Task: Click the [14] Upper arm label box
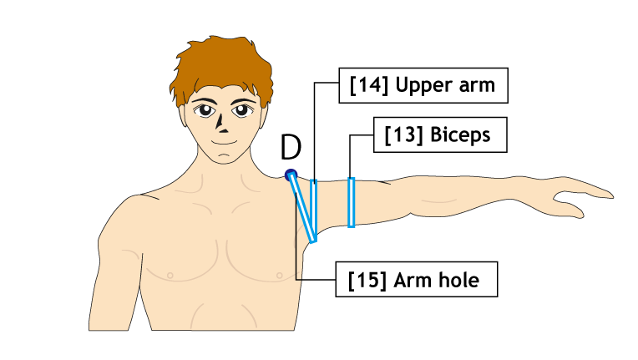[x=423, y=85]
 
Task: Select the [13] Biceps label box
[x=440, y=134]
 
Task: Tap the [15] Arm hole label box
[x=416, y=280]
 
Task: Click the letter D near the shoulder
[x=291, y=147]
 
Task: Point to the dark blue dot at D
[x=291, y=175]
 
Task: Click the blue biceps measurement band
[x=351, y=202]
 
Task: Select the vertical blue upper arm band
[x=314, y=210]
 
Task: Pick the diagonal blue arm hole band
[x=303, y=207]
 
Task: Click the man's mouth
[x=223, y=142]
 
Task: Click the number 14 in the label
[x=369, y=85]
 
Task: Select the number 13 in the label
[x=403, y=134]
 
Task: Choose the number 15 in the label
[x=367, y=281]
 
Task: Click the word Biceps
[x=460, y=134]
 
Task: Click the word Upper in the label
[x=424, y=86]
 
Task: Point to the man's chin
[x=223, y=160]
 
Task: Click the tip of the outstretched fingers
[x=611, y=196]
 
